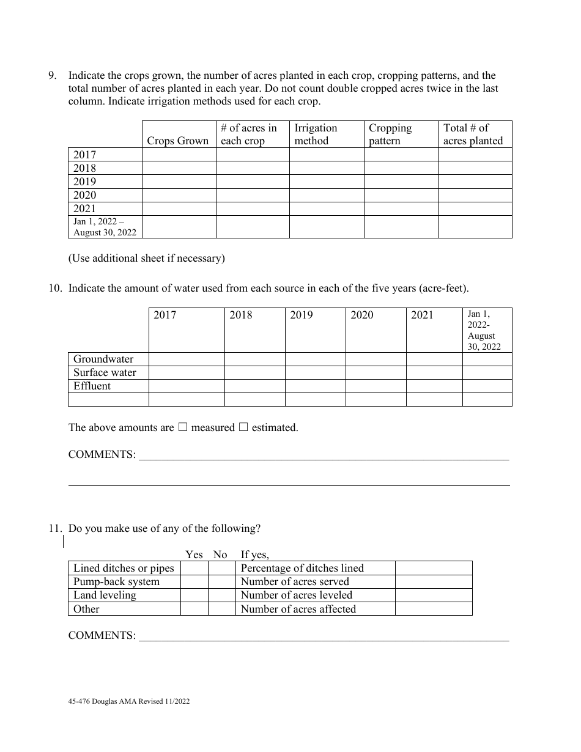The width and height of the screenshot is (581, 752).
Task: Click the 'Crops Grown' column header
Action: coord(178,141)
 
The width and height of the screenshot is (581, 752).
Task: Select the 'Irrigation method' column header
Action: coord(316,135)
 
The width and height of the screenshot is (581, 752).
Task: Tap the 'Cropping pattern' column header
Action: coord(390,135)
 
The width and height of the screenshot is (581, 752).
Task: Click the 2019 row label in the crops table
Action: coord(85,182)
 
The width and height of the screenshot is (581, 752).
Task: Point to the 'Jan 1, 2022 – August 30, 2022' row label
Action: coord(105,227)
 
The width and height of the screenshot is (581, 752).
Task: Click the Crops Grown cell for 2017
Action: coord(179,155)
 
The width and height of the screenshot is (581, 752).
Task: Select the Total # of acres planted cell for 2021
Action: coord(475,208)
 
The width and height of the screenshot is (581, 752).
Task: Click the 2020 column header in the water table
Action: coord(362,315)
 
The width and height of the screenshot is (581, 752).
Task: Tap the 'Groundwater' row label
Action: coord(103,359)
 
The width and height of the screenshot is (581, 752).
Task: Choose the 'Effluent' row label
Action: coord(92,386)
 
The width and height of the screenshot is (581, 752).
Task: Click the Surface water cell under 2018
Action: coord(254,372)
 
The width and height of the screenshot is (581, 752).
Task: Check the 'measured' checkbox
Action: coord(182,427)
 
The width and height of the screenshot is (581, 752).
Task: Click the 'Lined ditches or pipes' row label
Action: coord(124,568)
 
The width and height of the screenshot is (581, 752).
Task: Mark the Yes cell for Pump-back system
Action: coord(194,581)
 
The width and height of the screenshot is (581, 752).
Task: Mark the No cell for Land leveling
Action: coord(221,595)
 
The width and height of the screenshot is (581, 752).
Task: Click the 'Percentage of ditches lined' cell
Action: coord(302,568)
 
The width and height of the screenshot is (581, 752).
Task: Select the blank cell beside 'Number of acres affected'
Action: coord(433,608)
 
